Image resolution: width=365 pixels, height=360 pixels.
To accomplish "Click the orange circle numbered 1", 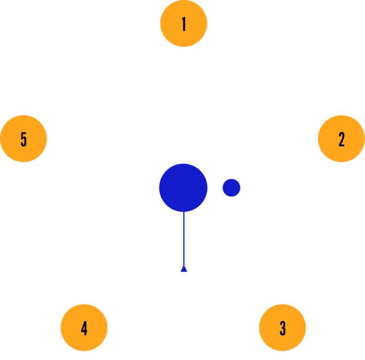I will [184, 24].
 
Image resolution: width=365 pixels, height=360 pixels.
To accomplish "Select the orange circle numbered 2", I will [342, 139].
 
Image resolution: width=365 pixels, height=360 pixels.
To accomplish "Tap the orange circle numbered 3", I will [282, 328].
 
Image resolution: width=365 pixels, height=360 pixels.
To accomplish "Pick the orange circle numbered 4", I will [84, 328].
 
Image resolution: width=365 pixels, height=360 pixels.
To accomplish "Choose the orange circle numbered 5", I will [23, 139].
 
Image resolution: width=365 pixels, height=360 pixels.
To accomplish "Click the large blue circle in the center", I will [183, 187].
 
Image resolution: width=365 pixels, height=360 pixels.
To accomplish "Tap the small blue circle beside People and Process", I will [231, 188].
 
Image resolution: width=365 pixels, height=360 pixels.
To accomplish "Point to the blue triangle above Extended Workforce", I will [184, 269].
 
